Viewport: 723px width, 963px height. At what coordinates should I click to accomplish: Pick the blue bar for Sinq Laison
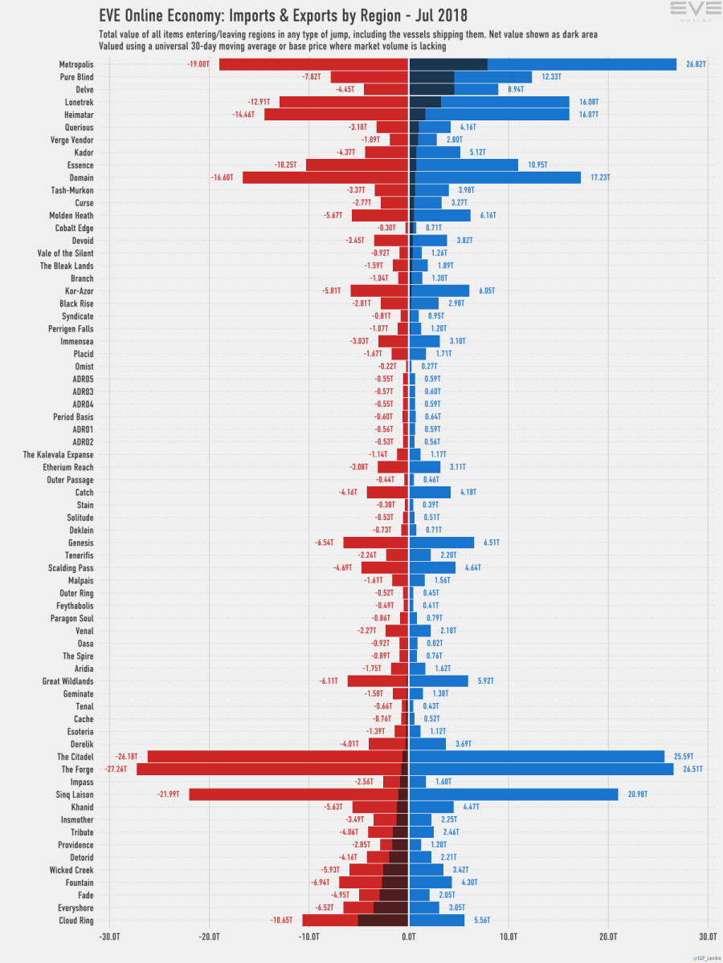coord(514,794)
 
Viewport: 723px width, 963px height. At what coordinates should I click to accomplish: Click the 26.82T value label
coord(696,64)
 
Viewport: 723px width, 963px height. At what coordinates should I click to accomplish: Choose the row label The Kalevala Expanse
coord(58,454)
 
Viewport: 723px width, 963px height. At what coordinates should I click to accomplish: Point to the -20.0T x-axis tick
coord(210,936)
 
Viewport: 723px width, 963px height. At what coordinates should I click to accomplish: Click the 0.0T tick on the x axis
coord(409,936)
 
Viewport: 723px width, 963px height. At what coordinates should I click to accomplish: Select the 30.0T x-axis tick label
coord(708,936)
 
